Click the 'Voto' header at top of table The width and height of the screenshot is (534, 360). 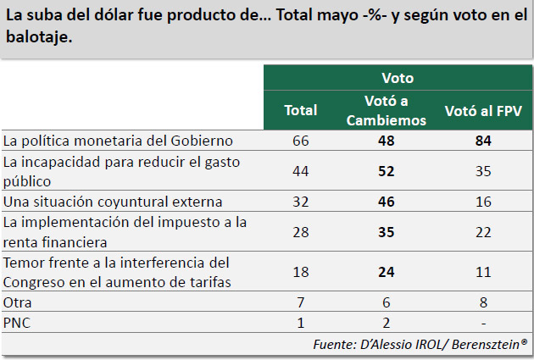397,78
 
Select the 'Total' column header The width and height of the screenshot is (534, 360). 300,110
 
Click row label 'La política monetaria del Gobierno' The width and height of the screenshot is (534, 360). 118,140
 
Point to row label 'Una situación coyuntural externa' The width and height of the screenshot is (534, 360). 113,202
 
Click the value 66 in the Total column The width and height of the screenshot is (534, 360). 300,141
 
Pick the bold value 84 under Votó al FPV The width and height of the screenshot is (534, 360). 483,141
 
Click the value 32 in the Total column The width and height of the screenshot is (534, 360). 300,202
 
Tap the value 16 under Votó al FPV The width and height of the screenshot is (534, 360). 483,202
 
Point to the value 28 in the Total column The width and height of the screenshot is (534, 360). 300,232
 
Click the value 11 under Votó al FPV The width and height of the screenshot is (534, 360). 483,272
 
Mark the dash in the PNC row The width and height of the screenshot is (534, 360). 483,323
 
